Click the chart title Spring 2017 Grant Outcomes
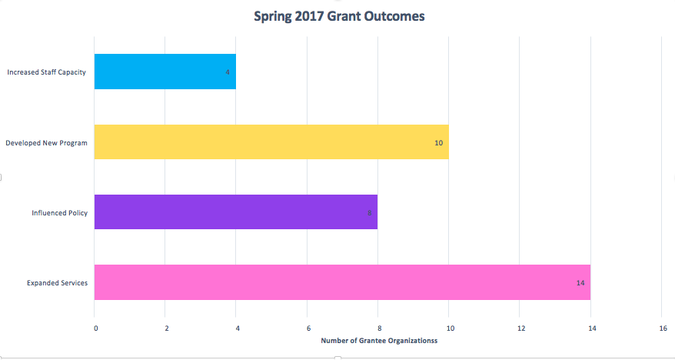point(339,15)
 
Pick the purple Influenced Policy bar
point(234,212)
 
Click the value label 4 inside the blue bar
point(228,72)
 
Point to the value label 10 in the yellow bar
point(439,142)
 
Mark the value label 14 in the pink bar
point(580,283)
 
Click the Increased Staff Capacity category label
point(46,72)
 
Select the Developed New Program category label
point(46,143)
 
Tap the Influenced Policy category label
point(59,213)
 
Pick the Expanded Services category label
point(57,283)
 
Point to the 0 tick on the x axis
point(96,328)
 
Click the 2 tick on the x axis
point(167,328)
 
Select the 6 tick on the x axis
point(308,328)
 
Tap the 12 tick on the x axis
point(520,328)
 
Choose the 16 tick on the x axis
point(663,328)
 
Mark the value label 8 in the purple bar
point(369,213)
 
